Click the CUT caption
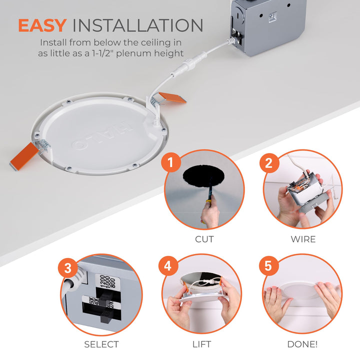pos(204,239)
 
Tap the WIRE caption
pos(303,239)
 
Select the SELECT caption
pos(101,344)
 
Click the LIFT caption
pos(201,344)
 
